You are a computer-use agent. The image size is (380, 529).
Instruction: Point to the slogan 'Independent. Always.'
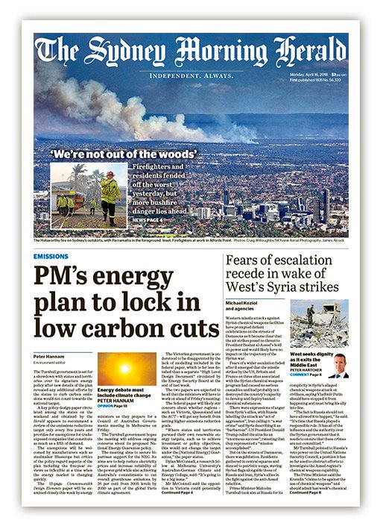(190, 75)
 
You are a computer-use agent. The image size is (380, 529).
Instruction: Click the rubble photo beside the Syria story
(326, 321)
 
